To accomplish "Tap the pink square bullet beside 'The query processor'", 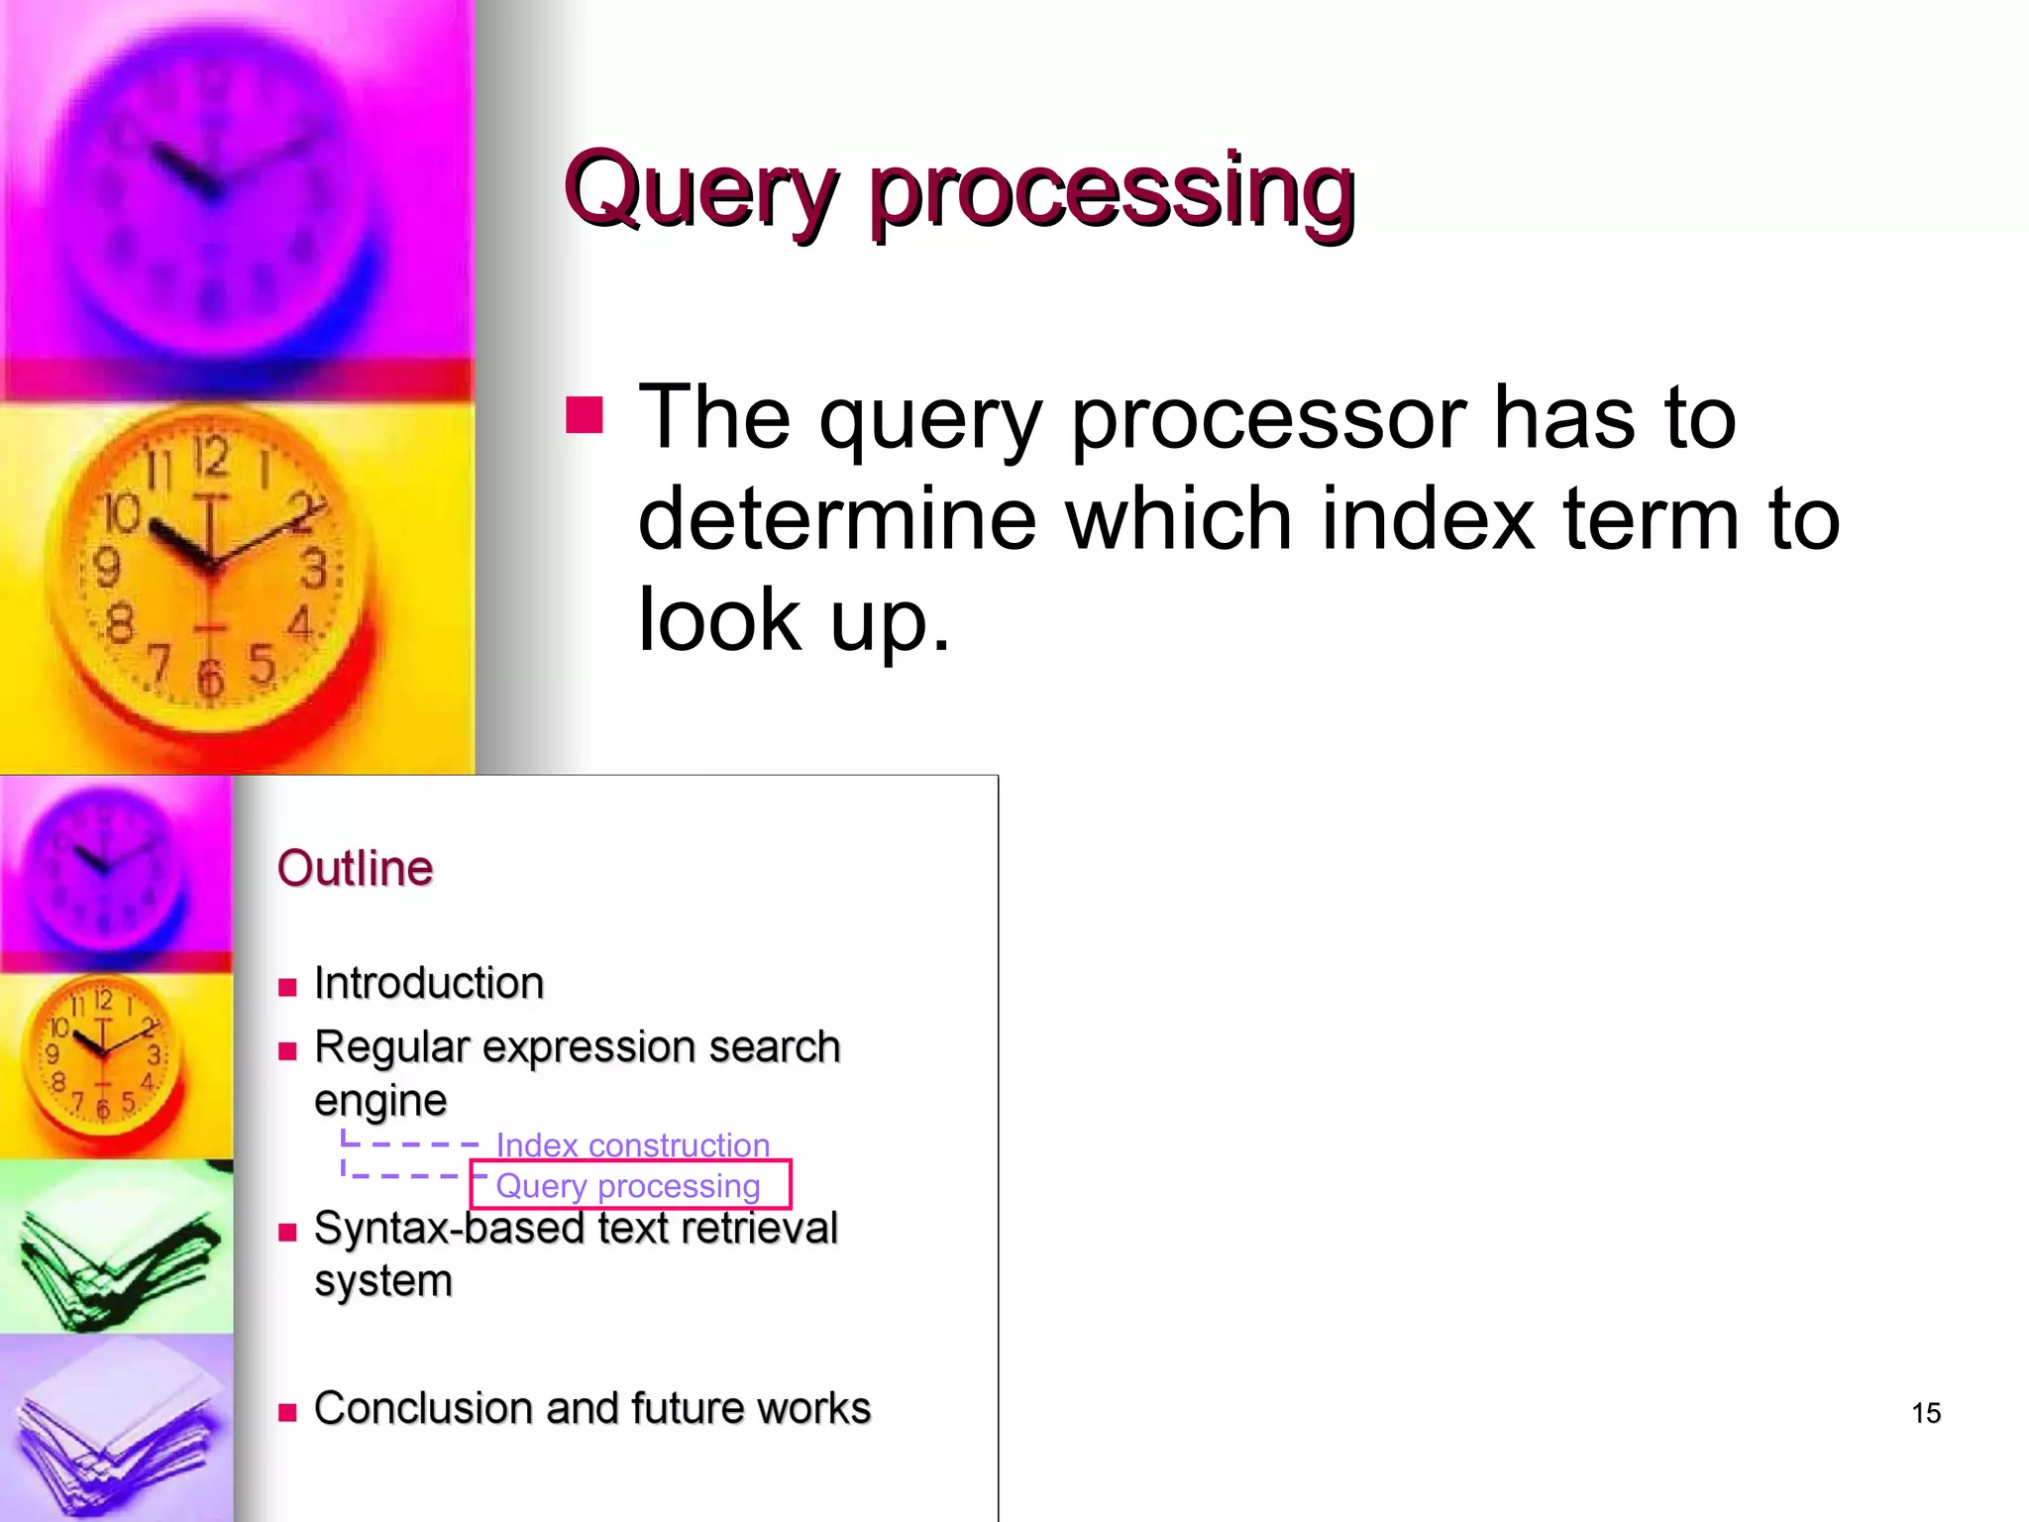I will point(584,416).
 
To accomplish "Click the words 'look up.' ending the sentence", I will point(794,620).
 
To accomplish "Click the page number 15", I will point(1925,1413).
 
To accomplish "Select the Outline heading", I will point(355,869).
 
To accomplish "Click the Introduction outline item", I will point(428,984).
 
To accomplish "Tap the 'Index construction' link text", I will point(632,1145).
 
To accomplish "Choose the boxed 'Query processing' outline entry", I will point(628,1186).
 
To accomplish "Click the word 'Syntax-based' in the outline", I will point(449,1229).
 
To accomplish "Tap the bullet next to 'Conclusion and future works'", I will point(287,1413).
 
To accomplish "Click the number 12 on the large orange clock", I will point(210,458).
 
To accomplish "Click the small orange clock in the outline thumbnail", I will point(103,1054).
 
